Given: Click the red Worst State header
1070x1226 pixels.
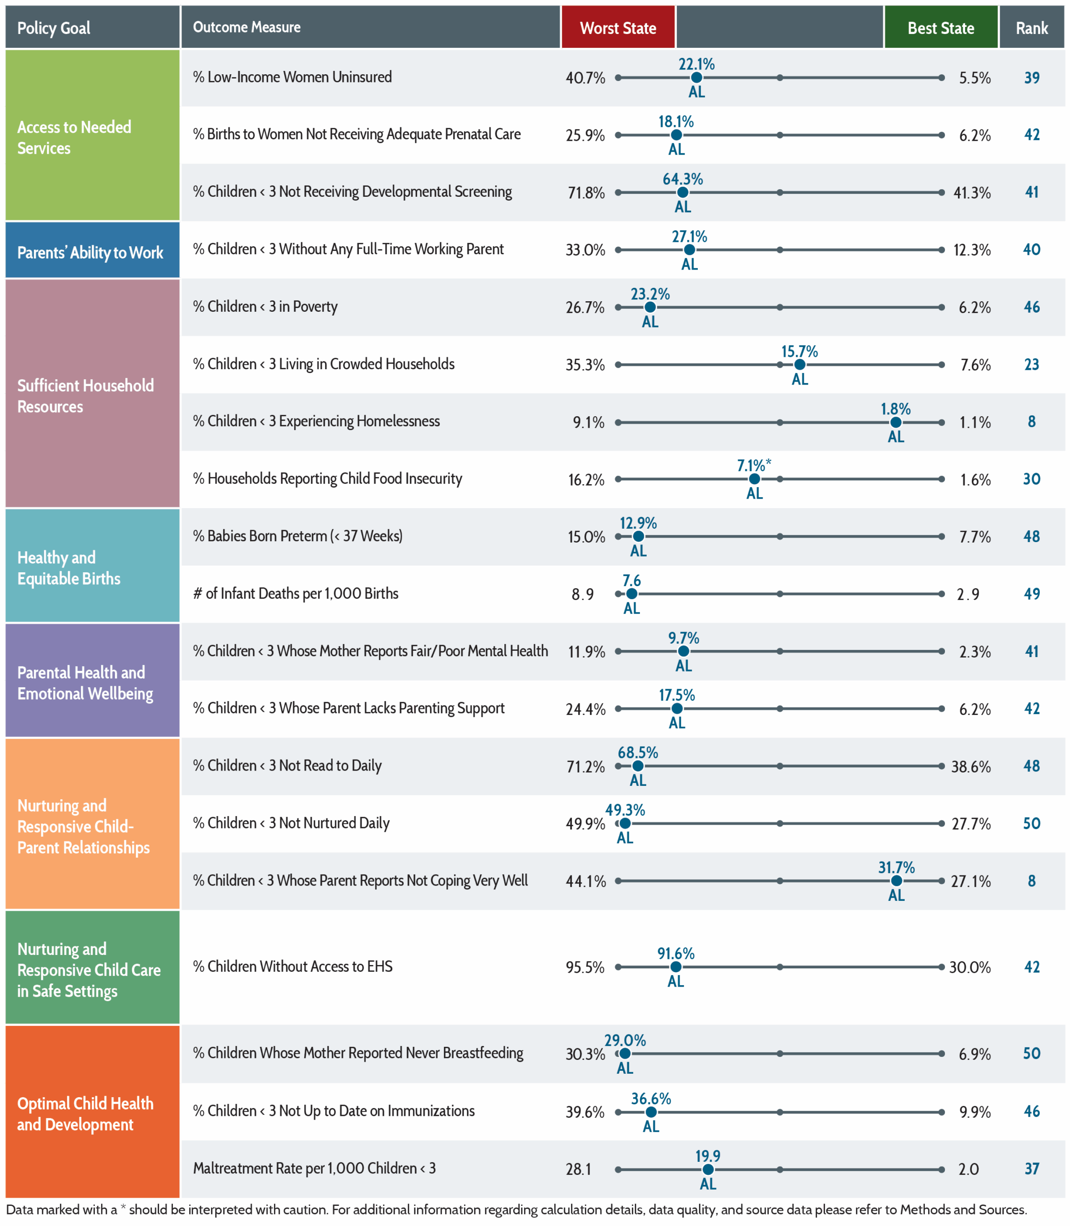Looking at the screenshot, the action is click(618, 27).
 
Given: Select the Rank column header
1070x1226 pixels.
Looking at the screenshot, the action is click(1032, 27).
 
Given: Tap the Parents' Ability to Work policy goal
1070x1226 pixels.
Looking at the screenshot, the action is click(90, 252).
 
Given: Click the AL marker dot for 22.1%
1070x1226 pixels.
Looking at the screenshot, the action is click(696, 78).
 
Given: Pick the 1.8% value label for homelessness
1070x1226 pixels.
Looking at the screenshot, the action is click(896, 409).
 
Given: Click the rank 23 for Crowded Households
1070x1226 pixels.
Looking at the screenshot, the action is click(1032, 364).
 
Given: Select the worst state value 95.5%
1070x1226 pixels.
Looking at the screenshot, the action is click(585, 967).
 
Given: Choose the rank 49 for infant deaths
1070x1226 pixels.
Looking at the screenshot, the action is click(1032, 594).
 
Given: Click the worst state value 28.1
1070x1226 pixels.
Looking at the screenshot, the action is click(579, 1169).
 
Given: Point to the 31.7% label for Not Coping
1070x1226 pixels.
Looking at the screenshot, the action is click(896, 867).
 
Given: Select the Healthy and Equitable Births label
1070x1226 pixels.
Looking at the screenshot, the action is click(68, 568).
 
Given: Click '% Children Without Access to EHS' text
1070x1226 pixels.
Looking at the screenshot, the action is click(293, 966).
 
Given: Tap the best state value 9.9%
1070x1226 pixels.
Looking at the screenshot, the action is click(975, 1112).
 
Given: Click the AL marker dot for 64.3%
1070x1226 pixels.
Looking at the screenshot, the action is click(683, 192).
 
